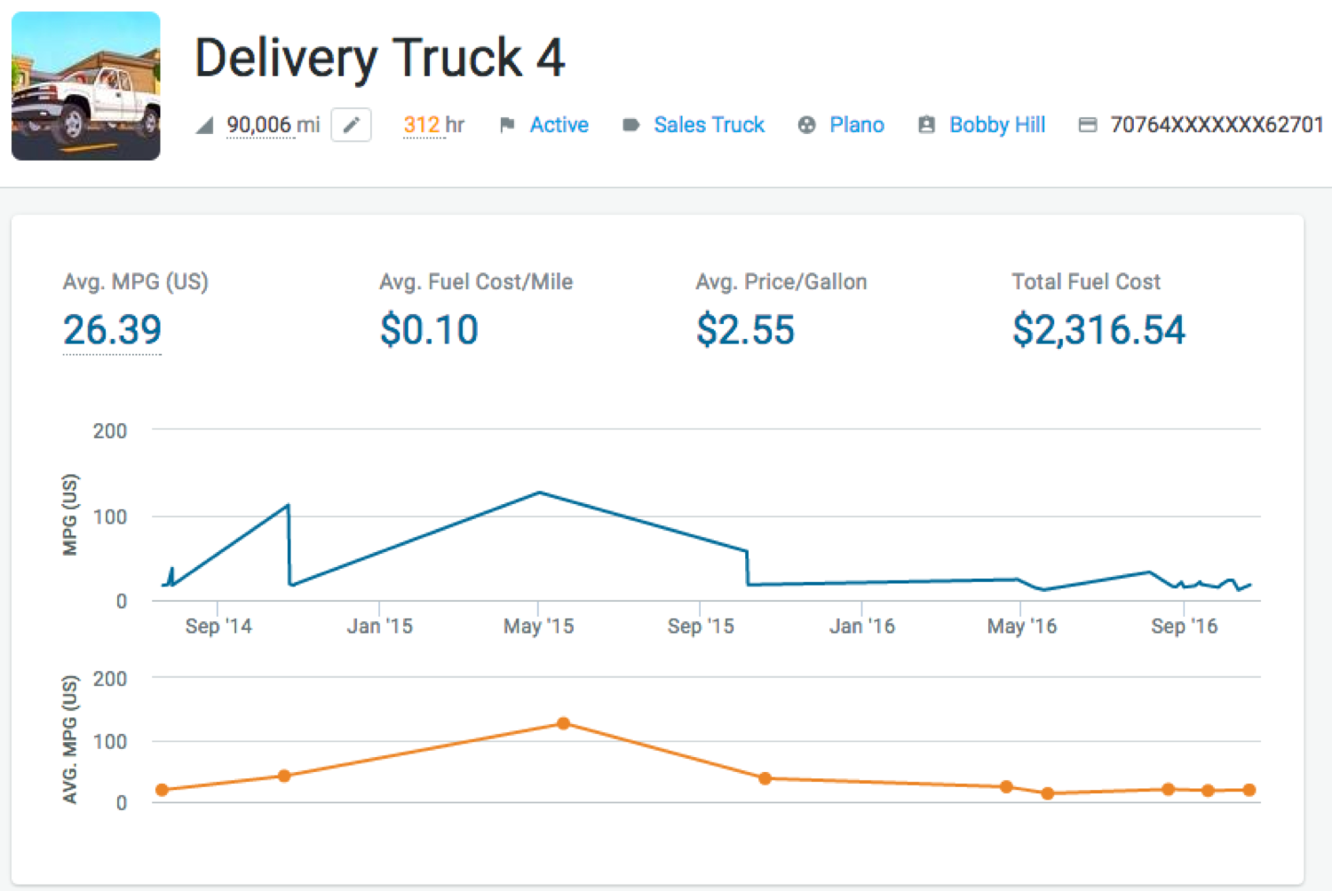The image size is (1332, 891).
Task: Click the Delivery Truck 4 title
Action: [379, 59]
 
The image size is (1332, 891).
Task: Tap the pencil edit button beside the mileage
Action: [351, 125]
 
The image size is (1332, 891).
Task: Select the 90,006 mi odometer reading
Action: [273, 125]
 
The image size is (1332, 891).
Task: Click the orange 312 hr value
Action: [433, 125]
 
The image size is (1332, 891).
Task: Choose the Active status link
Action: [559, 125]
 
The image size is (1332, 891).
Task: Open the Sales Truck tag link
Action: [709, 125]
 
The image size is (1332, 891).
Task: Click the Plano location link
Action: [856, 125]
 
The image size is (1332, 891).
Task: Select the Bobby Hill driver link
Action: [996, 125]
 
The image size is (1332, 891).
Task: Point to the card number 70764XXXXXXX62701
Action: [1216, 125]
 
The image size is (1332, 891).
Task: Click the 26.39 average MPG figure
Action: [112, 330]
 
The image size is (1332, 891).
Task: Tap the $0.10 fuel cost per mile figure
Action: [429, 330]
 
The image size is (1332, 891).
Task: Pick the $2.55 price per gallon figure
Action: [745, 330]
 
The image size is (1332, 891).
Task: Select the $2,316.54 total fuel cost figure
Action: [1098, 330]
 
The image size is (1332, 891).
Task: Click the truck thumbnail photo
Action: [86, 86]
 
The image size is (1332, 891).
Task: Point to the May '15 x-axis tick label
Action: [538, 627]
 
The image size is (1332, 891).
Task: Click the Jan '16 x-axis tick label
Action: [861, 627]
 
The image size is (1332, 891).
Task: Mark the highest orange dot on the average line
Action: [563, 723]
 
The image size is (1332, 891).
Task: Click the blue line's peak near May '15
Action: [540, 493]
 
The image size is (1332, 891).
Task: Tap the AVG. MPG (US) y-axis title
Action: [70, 739]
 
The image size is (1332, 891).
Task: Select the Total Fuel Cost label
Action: [1085, 282]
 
